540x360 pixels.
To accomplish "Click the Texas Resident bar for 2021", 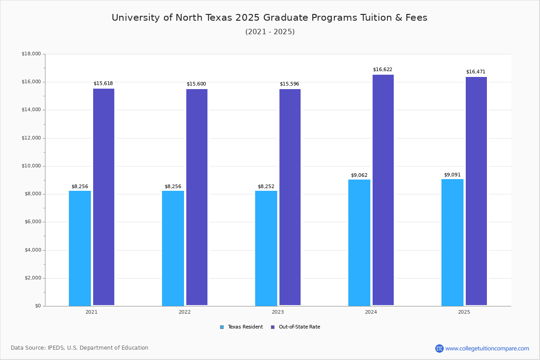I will [x=80, y=248].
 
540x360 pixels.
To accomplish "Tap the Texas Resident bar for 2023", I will [x=266, y=248].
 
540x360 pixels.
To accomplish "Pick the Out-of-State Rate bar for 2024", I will [x=383, y=190].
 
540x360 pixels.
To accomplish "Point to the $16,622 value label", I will [x=382, y=70].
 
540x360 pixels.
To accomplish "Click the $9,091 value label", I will [x=452, y=175].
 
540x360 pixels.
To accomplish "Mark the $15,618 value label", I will [x=103, y=84].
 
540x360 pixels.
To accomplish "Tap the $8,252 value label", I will [x=266, y=187].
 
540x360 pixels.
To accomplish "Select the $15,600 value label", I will [x=196, y=84].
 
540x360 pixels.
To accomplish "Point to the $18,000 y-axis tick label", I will [x=31, y=54].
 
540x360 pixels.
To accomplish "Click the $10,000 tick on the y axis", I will [x=31, y=166].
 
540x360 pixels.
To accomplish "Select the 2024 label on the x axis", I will [x=371, y=312].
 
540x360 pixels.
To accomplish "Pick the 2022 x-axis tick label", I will [x=184, y=312].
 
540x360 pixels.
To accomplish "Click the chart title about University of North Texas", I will [x=270, y=18].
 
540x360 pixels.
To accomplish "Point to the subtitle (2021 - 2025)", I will [x=270, y=32].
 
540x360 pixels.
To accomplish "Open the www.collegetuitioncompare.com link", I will [x=487, y=348].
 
